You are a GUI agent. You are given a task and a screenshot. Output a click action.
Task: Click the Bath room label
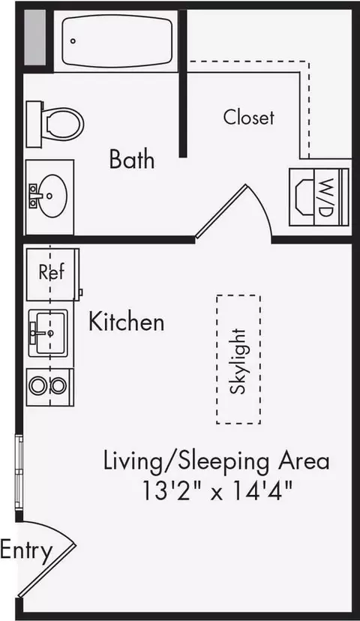tap(132, 159)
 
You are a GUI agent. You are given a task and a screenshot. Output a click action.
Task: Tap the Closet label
tap(249, 117)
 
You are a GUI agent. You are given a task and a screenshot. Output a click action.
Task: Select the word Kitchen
tap(126, 321)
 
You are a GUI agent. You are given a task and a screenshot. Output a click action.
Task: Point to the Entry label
tap(26, 551)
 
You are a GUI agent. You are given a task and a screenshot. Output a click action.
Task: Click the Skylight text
tap(238, 361)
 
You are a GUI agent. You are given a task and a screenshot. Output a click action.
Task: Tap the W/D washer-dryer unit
tap(319, 197)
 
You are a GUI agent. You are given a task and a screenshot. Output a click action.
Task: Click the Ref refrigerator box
tap(52, 274)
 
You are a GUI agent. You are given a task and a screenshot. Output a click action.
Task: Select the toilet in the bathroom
tap(55, 124)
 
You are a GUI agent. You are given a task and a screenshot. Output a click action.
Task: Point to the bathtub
tap(117, 41)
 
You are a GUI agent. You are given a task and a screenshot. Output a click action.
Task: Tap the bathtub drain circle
tap(73, 40)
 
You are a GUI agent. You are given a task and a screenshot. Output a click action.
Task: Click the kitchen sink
tap(49, 333)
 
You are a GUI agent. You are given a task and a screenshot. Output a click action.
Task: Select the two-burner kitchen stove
tap(50, 386)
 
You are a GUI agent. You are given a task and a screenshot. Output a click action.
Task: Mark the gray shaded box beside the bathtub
tap(34, 37)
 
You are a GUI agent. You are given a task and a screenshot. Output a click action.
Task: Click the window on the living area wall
tap(19, 472)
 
